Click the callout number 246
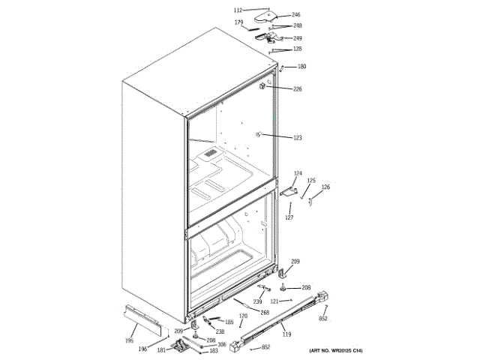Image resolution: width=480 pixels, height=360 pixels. click(295, 15)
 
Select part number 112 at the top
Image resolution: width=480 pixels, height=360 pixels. click(238, 10)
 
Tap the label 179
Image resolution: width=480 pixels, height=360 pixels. click(238, 22)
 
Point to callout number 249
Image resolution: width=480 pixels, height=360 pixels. click(297, 37)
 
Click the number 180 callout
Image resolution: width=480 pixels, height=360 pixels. click(301, 67)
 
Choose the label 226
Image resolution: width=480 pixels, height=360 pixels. click(297, 89)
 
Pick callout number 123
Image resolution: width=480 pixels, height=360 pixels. click(297, 137)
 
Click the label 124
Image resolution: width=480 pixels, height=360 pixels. click(297, 173)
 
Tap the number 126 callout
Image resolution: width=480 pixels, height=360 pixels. click(325, 187)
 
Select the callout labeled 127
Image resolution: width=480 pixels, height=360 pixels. click(289, 217)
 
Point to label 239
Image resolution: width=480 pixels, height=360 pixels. click(256, 301)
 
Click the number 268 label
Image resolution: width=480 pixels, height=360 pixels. click(264, 312)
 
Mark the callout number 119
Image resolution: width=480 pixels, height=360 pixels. click(286, 335)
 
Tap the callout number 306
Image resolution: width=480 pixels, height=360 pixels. click(221, 345)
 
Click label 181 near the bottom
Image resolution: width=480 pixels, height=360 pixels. click(161, 349)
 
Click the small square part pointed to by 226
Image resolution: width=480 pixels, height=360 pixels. click(263, 87)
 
